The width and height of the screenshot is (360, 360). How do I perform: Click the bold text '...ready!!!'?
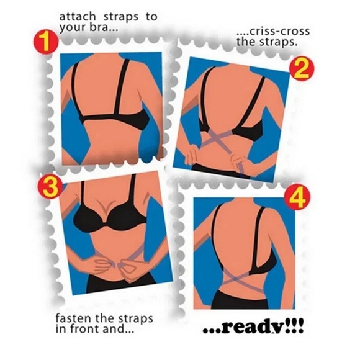pos(253,327)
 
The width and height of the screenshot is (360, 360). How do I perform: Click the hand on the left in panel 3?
pos(103,266)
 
